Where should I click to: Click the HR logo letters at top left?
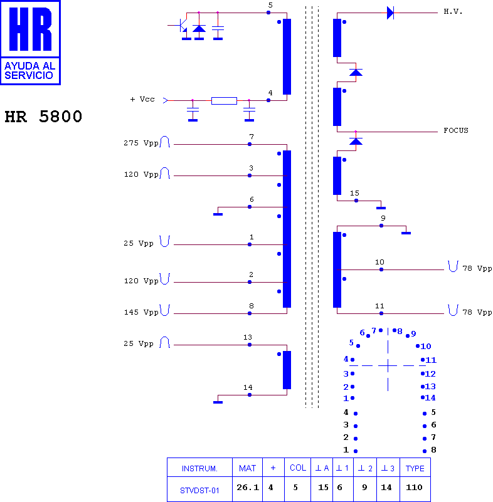click(31, 29)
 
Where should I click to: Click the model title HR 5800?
click(43, 117)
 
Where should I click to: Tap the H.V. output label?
click(453, 12)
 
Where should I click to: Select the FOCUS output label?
click(456, 130)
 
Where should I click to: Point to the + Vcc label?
click(142, 99)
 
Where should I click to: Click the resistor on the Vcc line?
click(224, 100)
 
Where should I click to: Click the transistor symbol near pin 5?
click(181, 26)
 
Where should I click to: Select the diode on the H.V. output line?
click(390, 13)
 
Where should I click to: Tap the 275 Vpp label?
click(141, 143)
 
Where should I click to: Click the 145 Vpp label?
click(141, 312)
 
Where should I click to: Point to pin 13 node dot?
click(250, 345)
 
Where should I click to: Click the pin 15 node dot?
click(356, 201)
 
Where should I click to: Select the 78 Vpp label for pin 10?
click(477, 268)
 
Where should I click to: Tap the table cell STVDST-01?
click(199, 491)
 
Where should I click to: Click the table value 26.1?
click(248, 488)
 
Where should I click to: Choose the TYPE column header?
click(415, 468)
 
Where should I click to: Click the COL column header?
click(298, 468)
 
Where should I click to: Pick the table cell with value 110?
click(414, 488)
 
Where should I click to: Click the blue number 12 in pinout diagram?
click(430, 374)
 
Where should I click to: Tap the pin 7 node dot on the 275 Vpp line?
click(250, 144)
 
